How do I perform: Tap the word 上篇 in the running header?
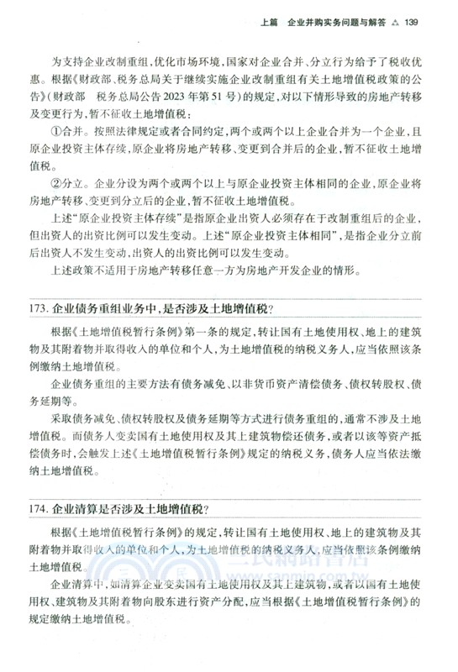[x=271, y=23]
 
